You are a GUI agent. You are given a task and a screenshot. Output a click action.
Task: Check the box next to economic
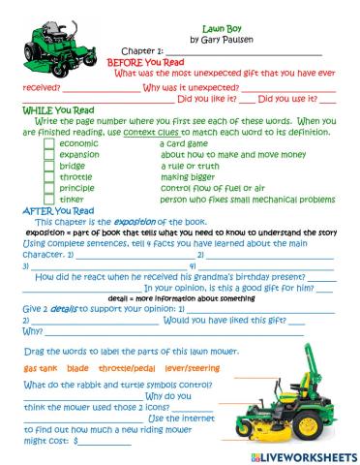49,143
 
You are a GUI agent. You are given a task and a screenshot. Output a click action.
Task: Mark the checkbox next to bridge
49,166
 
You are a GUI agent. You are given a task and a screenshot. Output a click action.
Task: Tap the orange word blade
78,369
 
